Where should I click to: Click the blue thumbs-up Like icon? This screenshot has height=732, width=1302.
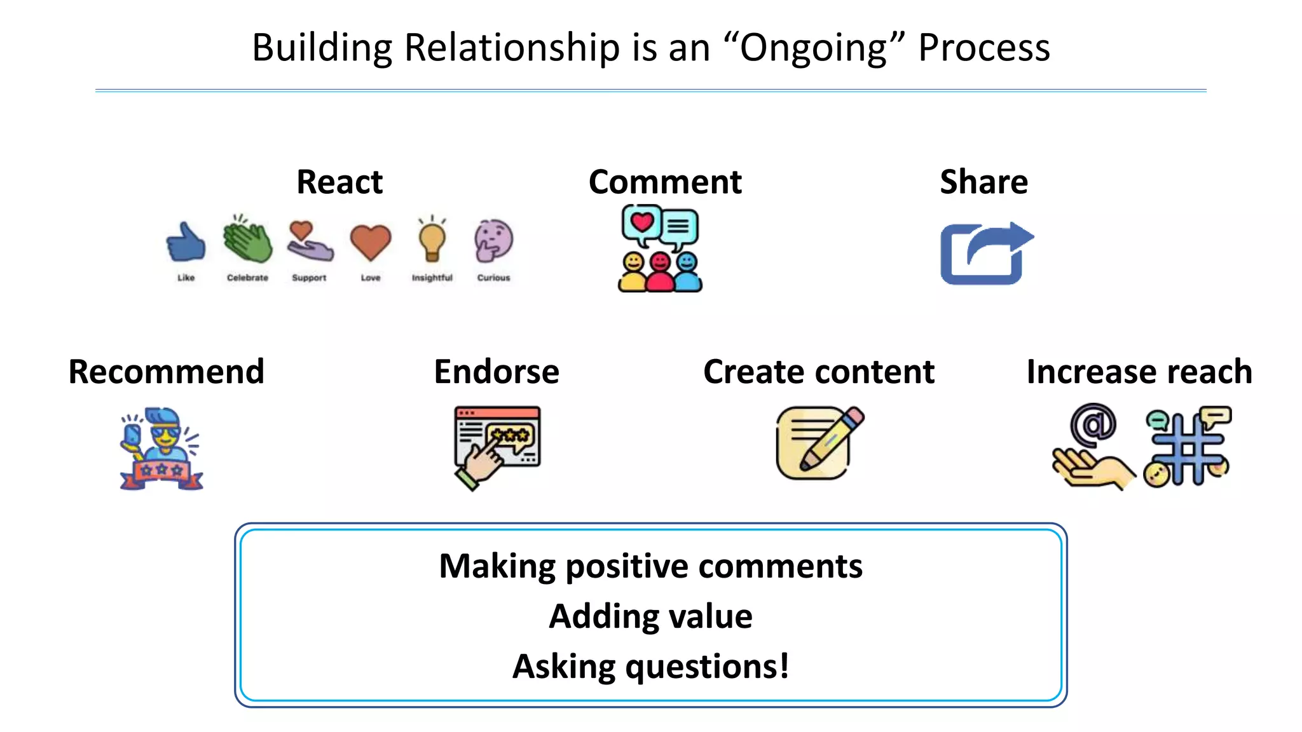(x=186, y=242)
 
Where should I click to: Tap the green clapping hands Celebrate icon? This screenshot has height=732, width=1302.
(x=247, y=240)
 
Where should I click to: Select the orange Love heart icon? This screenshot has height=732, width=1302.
(x=371, y=242)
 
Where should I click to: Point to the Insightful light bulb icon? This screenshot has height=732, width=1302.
(x=432, y=240)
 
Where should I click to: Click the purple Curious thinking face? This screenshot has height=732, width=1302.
(x=493, y=240)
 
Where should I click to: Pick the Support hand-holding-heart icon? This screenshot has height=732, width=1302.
(x=310, y=241)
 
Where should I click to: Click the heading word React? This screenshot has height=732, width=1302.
(x=339, y=182)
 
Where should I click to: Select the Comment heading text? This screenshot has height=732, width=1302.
(x=665, y=182)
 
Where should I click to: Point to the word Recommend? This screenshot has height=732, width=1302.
(x=166, y=372)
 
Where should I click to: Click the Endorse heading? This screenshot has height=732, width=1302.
(x=497, y=372)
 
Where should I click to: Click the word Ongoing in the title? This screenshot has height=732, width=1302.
(x=814, y=48)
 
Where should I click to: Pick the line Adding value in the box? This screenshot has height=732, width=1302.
(x=650, y=616)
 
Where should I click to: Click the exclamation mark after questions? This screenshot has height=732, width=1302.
(x=784, y=666)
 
